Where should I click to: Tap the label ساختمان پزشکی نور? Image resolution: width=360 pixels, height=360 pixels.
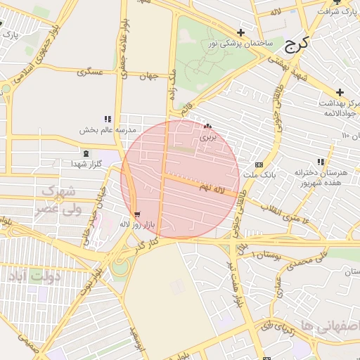pyautogui.click(x=240, y=44)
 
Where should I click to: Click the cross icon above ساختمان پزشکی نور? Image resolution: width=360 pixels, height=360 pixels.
pyautogui.click(x=241, y=32)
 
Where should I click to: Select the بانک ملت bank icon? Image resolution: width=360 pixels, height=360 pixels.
pyautogui.click(x=259, y=163)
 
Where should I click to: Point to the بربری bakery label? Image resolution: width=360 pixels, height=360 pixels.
pyautogui.click(x=207, y=138)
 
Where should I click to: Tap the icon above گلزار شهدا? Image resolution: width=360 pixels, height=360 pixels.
pyautogui.click(x=86, y=153)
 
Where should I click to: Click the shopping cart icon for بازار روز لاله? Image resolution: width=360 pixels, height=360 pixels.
pyautogui.click(x=136, y=214)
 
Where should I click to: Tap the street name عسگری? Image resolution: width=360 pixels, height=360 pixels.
pyautogui.click(x=90, y=72)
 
